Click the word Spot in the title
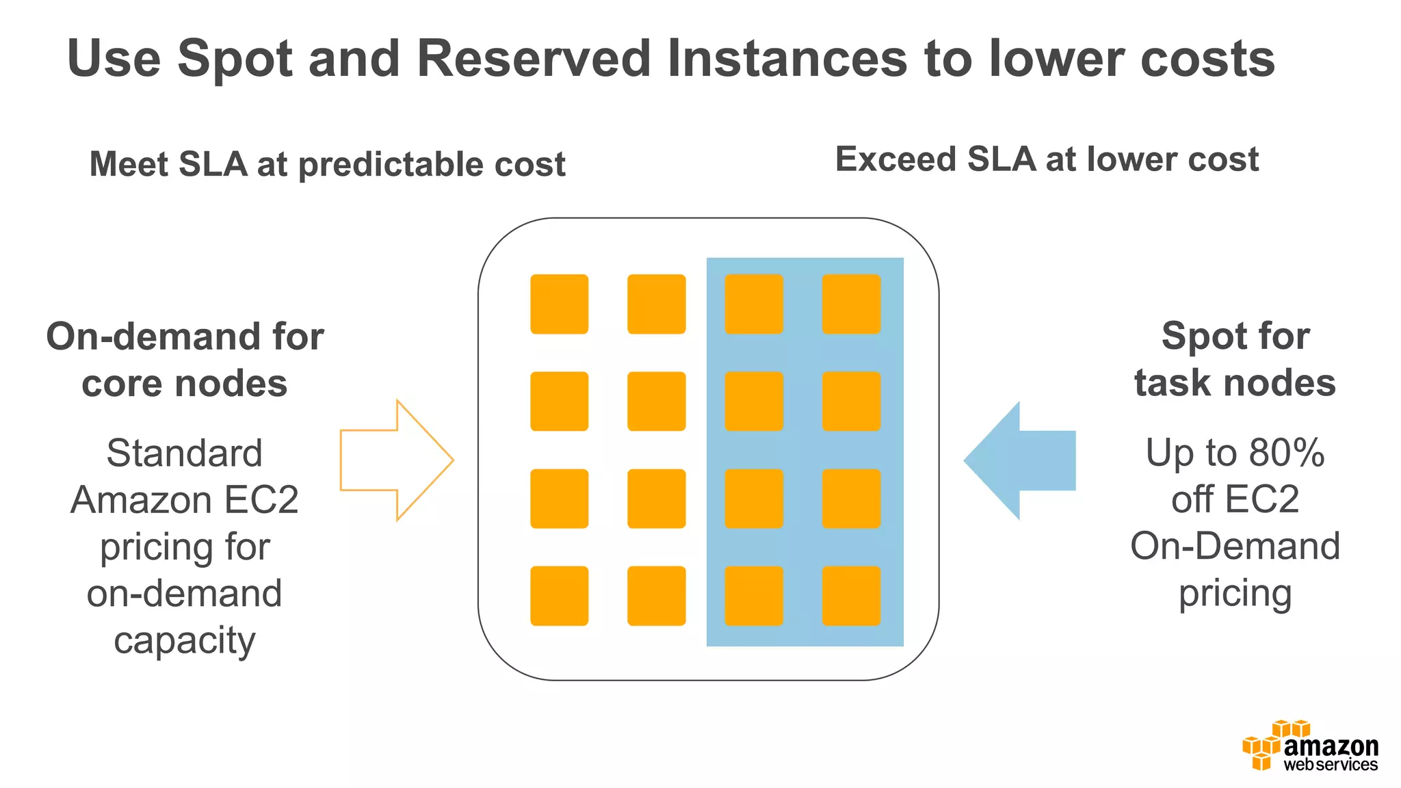click(235, 59)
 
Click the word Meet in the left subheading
click(128, 165)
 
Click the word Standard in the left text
click(185, 454)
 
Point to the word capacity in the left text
click(185, 642)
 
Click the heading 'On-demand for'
click(185, 337)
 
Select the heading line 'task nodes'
click(1235, 382)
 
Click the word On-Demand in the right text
click(1235, 547)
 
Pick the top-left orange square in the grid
click(559, 304)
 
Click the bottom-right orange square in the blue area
click(851, 596)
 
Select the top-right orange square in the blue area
click(851, 304)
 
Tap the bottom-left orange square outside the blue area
click(559, 596)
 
